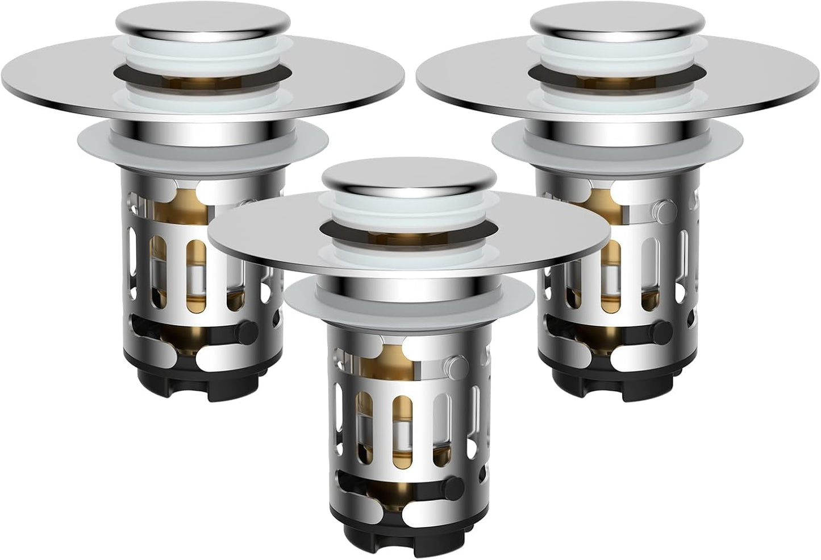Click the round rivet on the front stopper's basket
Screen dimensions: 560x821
pyautogui.click(x=455, y=363)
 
